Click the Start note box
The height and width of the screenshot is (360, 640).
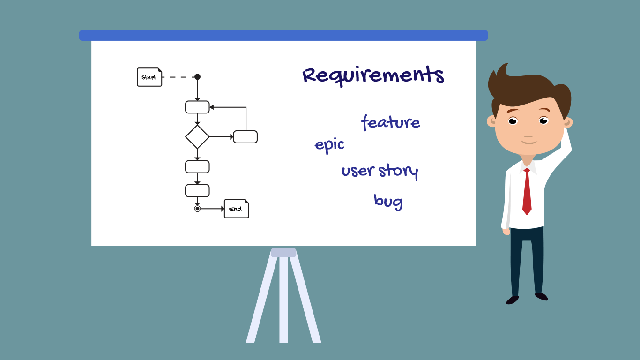point(149,77)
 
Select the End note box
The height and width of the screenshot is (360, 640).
point(236,209)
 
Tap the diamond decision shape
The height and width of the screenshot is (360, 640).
point(197,137)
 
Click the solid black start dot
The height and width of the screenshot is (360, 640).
point(197,76)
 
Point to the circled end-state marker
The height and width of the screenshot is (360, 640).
point(197,209)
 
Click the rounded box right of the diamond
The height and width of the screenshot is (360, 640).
point(246,137)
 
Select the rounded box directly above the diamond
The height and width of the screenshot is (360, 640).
point(197,107)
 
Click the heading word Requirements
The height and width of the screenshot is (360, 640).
point(373,75)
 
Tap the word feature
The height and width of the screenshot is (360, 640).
point(391,122)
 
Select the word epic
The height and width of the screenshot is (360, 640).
point(329,145)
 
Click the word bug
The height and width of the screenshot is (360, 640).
point(388,202)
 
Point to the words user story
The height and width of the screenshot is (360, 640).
point(380,171)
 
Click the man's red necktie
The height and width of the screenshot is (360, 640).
point(527,192)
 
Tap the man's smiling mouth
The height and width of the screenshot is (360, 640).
point(528,142)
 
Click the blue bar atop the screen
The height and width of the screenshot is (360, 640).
point(283,36)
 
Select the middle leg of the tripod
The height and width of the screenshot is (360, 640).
point(283,299)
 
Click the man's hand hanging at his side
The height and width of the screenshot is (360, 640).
point(506,231)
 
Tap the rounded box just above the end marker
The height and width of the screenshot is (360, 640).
point(197,191)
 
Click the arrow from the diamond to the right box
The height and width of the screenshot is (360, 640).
point(222,137)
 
